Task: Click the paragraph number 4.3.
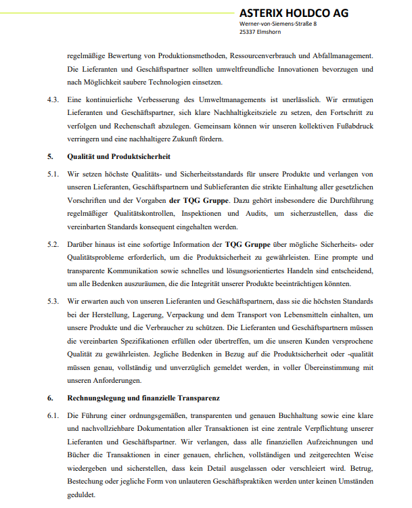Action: pyautogui.click(x=53, y=99)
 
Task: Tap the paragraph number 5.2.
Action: pyautogui.click(x=53, y=242)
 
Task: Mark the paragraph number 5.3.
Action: pyautogui.click(x=53, y=300)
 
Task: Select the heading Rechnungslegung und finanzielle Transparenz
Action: pyautogui.click(x=143, y=398)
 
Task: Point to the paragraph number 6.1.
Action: pyautogui.click(x=53, y=415)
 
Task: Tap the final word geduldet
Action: pyautogui.click(x=83, y=494)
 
